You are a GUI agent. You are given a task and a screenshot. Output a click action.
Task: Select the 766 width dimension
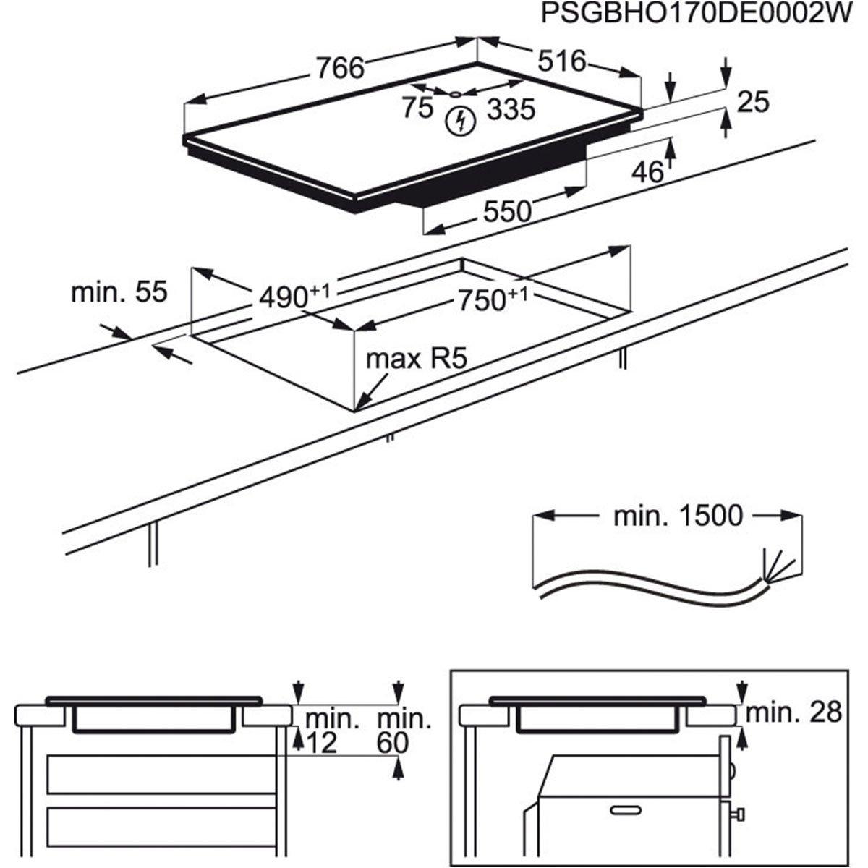click(339, 68)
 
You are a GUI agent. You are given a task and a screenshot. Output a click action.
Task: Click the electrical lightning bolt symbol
click(459, 122)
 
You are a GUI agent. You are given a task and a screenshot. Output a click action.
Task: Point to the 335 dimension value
click(511, 110)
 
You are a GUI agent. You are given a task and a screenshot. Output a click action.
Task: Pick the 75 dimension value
click(417, 109)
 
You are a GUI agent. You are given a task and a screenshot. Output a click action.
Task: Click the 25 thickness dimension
click(752, 103)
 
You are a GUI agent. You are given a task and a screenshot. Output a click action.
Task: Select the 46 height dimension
click(647, 172)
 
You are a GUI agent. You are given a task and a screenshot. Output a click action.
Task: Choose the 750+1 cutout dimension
click(490, 298)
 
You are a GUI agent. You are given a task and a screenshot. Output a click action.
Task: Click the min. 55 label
click(119, 292)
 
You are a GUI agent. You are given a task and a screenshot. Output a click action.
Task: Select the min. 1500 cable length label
click(678, 516)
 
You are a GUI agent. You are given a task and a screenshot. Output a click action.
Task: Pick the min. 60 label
click(404, 731)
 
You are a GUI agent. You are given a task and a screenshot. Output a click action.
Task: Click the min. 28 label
click(793, 712)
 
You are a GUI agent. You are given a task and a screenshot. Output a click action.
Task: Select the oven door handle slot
click(627, 808)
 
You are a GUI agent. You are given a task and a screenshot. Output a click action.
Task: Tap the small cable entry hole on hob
click(455, 93)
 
